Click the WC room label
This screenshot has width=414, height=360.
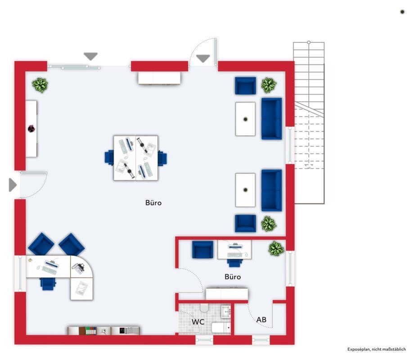pyautogui.click(x=198, y=322)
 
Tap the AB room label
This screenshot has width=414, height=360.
pyautogui.click(x=261, y=319)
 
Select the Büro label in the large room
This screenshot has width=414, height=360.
pyautogui.click(x=153, y=202)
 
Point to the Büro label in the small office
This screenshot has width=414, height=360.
pyautogui.click(x=233, y=277)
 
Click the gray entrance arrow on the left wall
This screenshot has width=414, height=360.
pyautogui.click(x=13, y=184)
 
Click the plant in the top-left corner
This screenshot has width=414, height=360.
pyautogui.click(x=40, y=85)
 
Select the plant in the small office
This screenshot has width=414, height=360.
pyautogui.click(x=276, y=248)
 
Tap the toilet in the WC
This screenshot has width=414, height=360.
pyautogui.click(x=204, y=308)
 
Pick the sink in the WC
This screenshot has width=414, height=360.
pyautogui.click(x=226, y=311)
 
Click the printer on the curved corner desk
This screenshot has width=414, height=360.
pyautogui.click(x=78, y=269)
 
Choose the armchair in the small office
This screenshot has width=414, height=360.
pyautogui.click(x=202, y=250)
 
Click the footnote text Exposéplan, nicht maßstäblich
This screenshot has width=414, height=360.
pyautogui.click(x=377, y=349)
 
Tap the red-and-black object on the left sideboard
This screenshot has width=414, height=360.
pyautogui.click(x=31, y=129)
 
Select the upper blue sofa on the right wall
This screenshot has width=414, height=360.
pyautogui.click(x=272, y=119)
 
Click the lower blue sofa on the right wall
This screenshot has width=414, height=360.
pyautogui.click(x=272, y=190)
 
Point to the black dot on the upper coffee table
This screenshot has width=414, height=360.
pyautogui.click(x=245, y=119)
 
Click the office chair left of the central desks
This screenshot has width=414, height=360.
pyautogui.click(x=109, y=157)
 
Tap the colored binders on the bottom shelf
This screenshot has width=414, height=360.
pyautogui.click(x=91, y=331)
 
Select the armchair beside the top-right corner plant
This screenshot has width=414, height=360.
pyautogui.click(x=246, y=85)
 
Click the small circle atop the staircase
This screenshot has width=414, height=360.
pyautogui.click(x=309, y=42)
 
